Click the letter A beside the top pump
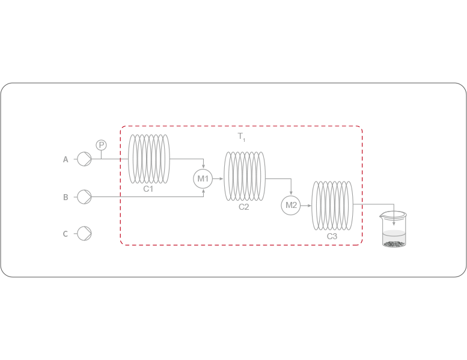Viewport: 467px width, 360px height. click(66, 159)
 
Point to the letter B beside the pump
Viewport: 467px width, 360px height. click(66, 197)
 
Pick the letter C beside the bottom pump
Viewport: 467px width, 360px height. click(66, 234)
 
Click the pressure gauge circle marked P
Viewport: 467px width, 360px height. click(101, 145)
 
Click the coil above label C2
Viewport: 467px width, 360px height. click(244, 177)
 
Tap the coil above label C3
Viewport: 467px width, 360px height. click(332, 206)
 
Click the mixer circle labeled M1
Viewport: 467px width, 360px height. click(203, 178)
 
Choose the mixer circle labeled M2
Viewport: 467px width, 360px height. click(291, 206)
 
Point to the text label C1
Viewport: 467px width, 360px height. click(148, 189)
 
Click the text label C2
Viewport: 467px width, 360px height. click(243, 207)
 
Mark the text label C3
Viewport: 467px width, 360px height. click(332, 237)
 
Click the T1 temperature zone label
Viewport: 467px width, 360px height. click(242, 137)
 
